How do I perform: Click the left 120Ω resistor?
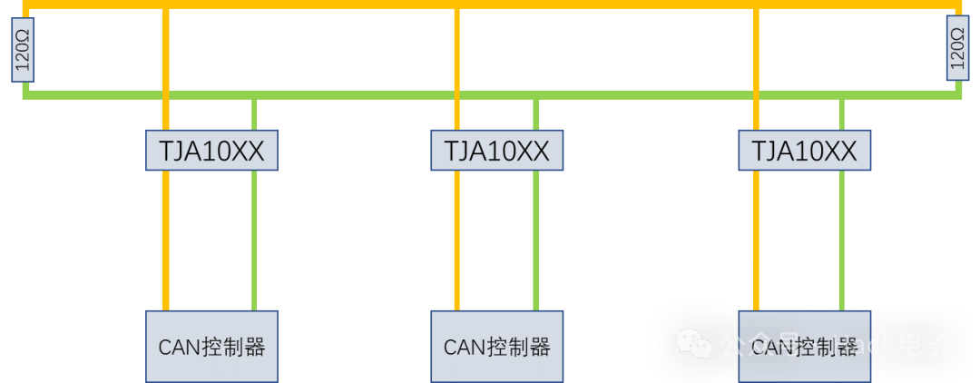(23, 49)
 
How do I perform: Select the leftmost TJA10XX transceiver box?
(211, 151)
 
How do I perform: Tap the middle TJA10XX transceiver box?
(496, 151)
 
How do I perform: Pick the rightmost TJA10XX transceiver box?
(804, 151)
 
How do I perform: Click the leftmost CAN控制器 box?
(211, 346)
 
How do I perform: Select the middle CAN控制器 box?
(496, 346)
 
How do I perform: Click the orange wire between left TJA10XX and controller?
(166, 241)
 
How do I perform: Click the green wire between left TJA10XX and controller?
(254, 241)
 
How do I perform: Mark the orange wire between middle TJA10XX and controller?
(456, 241)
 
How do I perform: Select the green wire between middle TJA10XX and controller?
(536, 241)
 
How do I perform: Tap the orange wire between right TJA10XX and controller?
(756, 241)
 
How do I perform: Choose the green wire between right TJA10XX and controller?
(842, 241)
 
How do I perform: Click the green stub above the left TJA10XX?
(254, 114)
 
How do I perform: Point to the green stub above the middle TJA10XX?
(536, 114)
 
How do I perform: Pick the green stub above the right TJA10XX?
(842, 114)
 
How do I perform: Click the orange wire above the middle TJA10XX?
(456, 54)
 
